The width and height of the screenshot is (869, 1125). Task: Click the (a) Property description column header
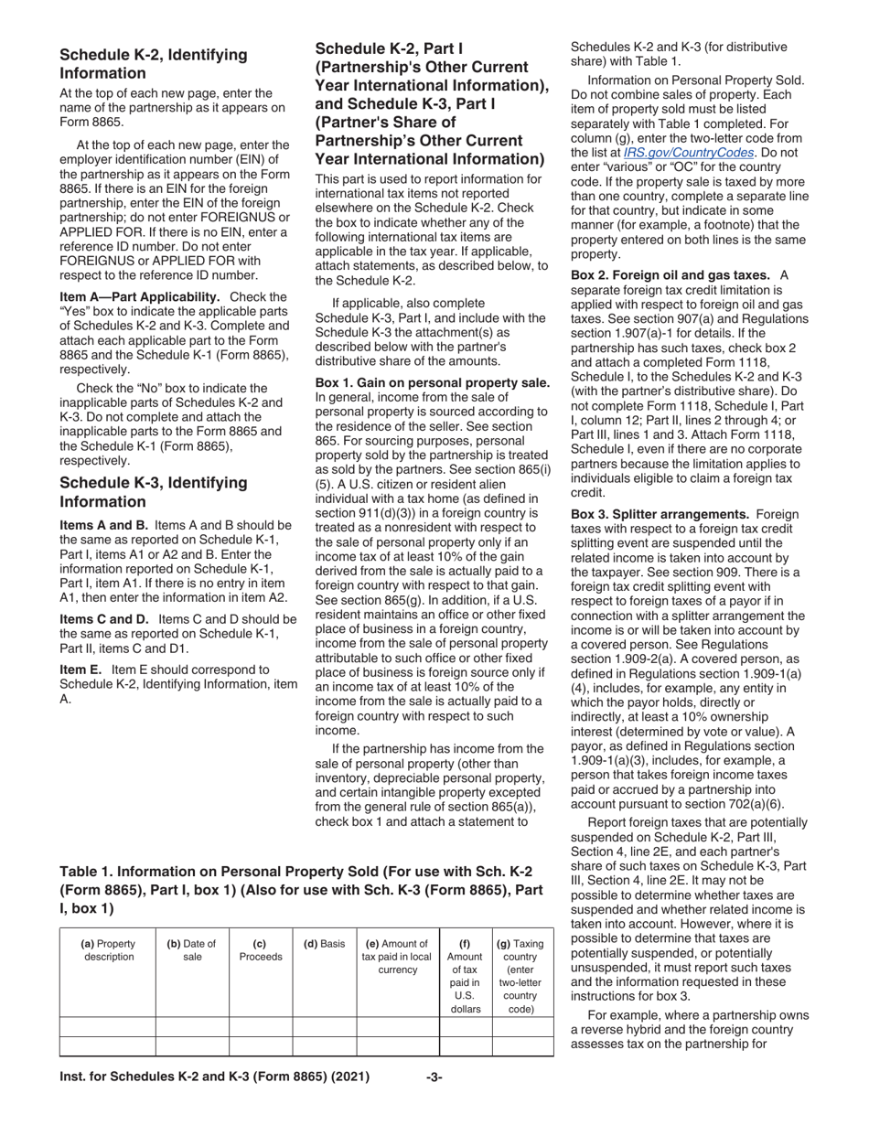pos(108,950)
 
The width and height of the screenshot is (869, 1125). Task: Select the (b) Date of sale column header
pos(191,950)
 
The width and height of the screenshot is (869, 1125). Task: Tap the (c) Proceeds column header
pos(260,950)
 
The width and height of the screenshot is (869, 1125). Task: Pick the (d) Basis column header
pos(324,944)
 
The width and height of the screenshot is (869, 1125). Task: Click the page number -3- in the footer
pos(434,1077)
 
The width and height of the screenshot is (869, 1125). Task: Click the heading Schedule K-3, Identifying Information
pos(153,492)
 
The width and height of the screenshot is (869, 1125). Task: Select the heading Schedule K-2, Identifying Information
pos(153,64)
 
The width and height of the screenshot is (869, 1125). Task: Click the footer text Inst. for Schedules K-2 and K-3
pos(214,1077)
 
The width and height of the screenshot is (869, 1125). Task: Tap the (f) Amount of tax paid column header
pos(466,976)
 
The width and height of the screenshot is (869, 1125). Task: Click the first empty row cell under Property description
pos(108,1026)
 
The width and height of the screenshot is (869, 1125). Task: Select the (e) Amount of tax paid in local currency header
pos(397,957)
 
